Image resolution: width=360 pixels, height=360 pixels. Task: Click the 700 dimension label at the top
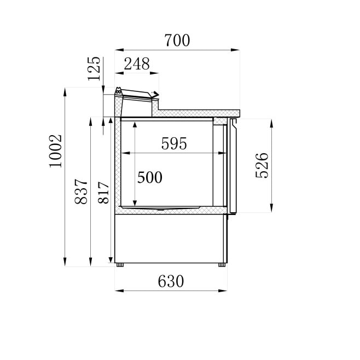[176, 40]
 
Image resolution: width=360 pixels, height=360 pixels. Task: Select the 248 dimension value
[136, 64]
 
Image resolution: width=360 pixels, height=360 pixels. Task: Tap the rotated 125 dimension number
[94, 68]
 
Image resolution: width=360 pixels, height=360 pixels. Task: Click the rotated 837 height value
[81, 191]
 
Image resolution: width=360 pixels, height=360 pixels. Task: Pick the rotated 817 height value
[104, 192]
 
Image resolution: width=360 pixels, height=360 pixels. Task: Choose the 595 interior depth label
[174, 144]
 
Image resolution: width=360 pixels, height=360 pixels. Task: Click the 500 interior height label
[149, 178]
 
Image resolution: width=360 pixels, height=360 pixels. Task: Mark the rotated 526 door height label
[262, 166]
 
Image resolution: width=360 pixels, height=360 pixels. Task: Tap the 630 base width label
[171, 281]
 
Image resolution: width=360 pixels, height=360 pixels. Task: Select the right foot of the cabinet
[222, 265]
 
